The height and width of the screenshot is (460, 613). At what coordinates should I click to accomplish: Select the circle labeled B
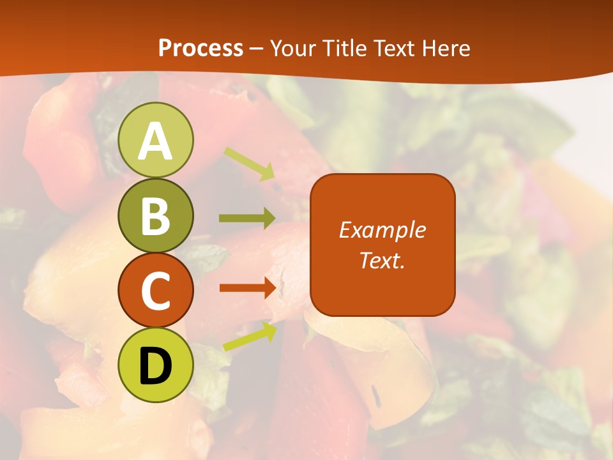pyautogui.click(x=156, y=215)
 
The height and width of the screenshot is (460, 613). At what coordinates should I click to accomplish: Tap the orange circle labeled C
pyautogui.click(x=156, y=290)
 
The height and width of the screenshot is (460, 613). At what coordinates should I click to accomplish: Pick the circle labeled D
pyautogui.click(x=156, y=365)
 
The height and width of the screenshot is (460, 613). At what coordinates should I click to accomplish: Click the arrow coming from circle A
pyautogui.click(x=249, y=163)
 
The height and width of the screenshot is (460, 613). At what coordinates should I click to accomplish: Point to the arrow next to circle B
pyautogui.click(x=247, y=218)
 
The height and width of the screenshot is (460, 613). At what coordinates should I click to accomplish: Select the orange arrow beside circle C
pyautogui.click(x=248, y=288)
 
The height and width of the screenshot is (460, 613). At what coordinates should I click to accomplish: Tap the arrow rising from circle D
pyautogui.click(x=250, y=336)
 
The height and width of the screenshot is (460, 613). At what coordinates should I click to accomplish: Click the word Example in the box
pyautogui.click(x=382, y=230)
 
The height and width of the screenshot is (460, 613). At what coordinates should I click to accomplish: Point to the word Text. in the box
pyautogui.click(x=382, y=260)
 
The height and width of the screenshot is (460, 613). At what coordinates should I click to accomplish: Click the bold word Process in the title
pyautogui.click(x=201, y=48)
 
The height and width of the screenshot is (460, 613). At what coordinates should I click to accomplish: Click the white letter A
pyautogui.click(x=156, y=141)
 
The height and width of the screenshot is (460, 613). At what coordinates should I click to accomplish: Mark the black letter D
pyautogui.click(x=156, y=366)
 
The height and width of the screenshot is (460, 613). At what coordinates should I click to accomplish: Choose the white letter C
pyautogui.click(x=156, y=291)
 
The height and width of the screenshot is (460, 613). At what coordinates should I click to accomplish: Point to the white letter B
pyautogui.click(x=156, y=217)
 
